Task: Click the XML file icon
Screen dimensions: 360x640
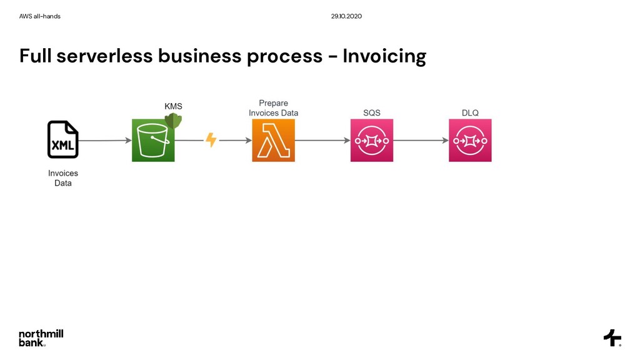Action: coord(63,139)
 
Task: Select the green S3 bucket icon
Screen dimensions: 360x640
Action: coord(153,140)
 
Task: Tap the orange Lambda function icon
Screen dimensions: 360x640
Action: coord(273,140)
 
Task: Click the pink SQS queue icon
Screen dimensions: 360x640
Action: coord(372,140)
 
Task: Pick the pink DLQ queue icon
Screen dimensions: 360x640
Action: coord(470,140)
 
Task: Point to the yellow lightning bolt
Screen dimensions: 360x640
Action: coord(211,140)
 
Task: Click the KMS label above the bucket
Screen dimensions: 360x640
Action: coord(173,106)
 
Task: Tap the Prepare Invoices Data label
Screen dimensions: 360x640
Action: coord(273,107)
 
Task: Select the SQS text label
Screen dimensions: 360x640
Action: coord(372,112)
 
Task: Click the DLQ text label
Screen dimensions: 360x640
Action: coord(470,112)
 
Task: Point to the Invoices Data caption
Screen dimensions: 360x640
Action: coord(63,178)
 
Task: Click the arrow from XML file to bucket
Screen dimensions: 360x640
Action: coord(105,141)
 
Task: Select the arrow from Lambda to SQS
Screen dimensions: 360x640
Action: coord(322,141)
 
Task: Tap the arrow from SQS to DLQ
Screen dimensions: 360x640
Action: coord(421,141)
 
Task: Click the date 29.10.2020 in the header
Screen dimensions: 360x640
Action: coord(346,16)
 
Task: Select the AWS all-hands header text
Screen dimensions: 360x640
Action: coord(40,16)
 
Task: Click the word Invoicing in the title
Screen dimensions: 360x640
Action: coord(384,56)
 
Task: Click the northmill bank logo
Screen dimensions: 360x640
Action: coord(41,337)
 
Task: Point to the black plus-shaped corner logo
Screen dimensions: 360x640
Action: coord(612,337)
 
